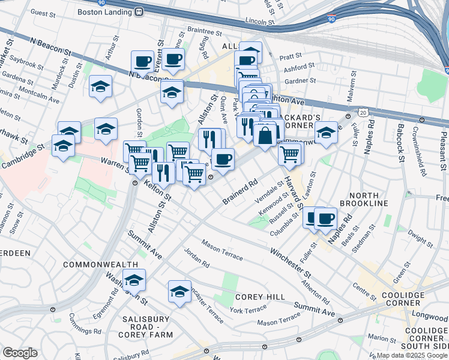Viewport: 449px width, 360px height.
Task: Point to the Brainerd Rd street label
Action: click(x=240, y=191)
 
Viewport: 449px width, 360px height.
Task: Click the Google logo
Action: click(x=20, y=352)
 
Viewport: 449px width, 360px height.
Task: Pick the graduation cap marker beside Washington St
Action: click(x=134, y=280)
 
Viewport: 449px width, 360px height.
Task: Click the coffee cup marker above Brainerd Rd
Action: click(x=223, y=159)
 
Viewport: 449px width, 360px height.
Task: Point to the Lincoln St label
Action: click(x=259, y=22)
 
